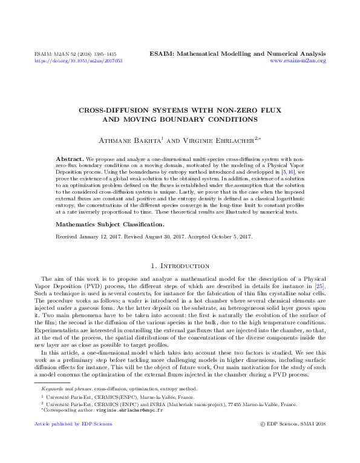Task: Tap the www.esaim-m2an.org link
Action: pos(298,61)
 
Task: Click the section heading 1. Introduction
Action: pos(180,266)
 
